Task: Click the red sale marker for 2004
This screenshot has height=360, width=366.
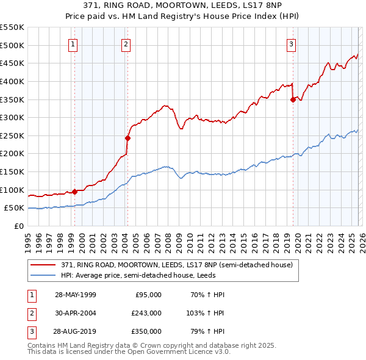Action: (128, 139)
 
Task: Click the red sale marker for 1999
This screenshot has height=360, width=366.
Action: (75, 192)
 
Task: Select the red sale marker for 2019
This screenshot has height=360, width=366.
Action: (293, 100)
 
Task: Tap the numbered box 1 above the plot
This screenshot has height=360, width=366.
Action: (73, 44)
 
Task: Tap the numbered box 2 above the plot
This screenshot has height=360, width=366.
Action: (125, 44)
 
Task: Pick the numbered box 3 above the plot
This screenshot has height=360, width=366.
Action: (291, 44)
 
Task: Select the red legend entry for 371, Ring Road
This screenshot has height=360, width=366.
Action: (177, 265)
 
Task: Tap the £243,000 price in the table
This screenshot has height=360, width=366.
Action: (146, 312)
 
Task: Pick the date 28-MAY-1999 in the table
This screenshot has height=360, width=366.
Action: (76, 295)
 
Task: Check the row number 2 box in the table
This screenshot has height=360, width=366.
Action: (31, 312)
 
